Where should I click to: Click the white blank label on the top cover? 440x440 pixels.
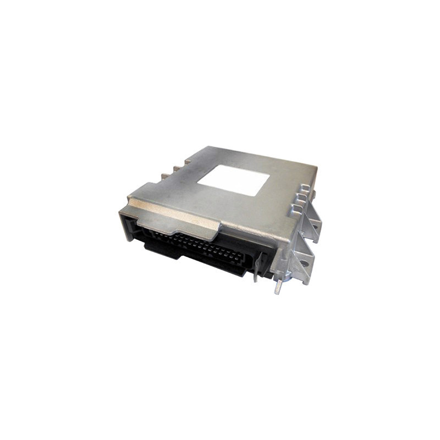(233, 180)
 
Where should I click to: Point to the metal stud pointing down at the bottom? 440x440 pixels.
(279, 287)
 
